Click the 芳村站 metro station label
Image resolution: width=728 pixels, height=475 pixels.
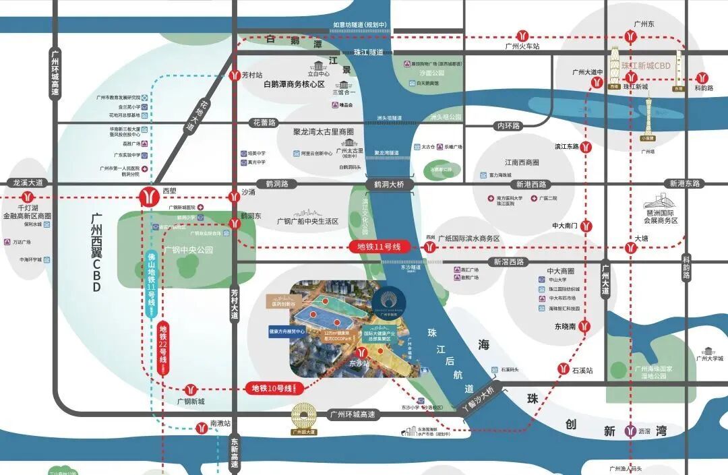click(253, 75)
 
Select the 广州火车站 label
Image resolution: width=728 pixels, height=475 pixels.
click(523, 46)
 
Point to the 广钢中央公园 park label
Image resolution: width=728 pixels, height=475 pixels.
click(188, 249)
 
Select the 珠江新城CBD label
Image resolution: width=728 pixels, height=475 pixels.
click(646, 66)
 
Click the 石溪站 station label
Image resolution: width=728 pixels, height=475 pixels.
click(582, 370)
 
